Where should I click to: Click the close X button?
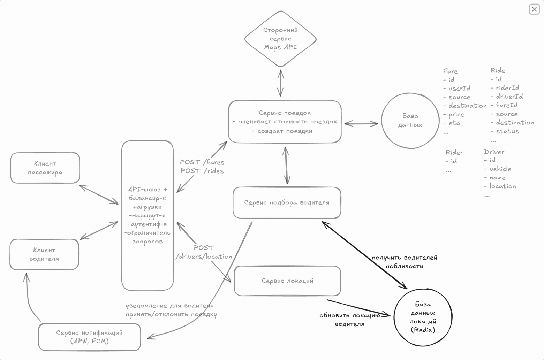pos(534,9)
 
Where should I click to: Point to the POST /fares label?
pos(202,162)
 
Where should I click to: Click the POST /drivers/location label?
pos(204,252)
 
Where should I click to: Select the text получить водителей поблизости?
pos(405,262)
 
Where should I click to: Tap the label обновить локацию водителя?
pos(350,320)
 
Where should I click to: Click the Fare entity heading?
pos(450,71)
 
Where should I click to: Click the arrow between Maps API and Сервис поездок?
pos(280,83)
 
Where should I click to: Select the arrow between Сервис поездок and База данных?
pos(361,124)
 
